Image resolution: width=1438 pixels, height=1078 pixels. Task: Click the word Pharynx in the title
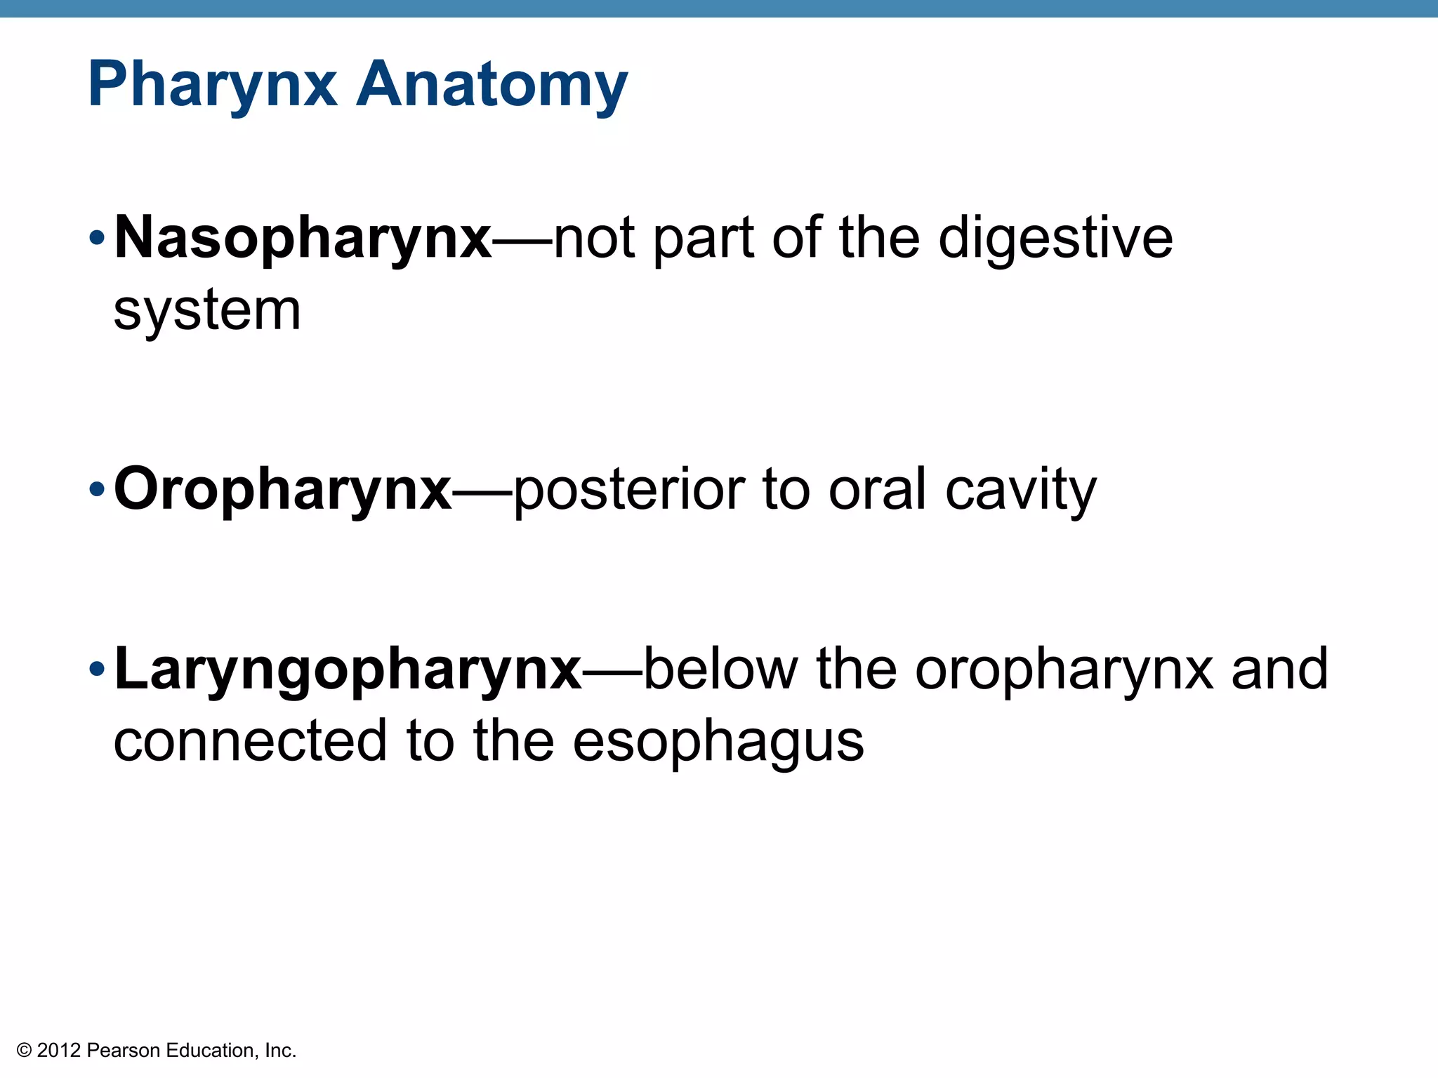click(212, 86)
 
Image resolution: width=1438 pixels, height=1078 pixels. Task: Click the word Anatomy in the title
click(492, 86)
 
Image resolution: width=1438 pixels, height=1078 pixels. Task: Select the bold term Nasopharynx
click(303, 239)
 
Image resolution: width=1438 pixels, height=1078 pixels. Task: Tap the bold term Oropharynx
click(282, 490)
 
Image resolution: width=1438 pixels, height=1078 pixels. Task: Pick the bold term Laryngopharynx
click(348, 670)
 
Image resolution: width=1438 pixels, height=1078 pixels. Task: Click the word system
click(207, 310)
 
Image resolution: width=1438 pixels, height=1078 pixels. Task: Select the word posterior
click(629, 490)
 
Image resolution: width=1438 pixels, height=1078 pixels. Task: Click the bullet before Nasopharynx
click(97, 239)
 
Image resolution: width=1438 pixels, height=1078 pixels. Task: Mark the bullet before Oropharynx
click(97, 489)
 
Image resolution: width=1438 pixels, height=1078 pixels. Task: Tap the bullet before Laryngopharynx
click(97, 670)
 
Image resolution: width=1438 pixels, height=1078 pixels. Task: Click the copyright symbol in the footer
click(25, 1051)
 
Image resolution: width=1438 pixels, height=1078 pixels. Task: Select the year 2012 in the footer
click(59, 1051)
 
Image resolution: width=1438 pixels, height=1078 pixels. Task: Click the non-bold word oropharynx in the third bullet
click(1064, 670)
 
